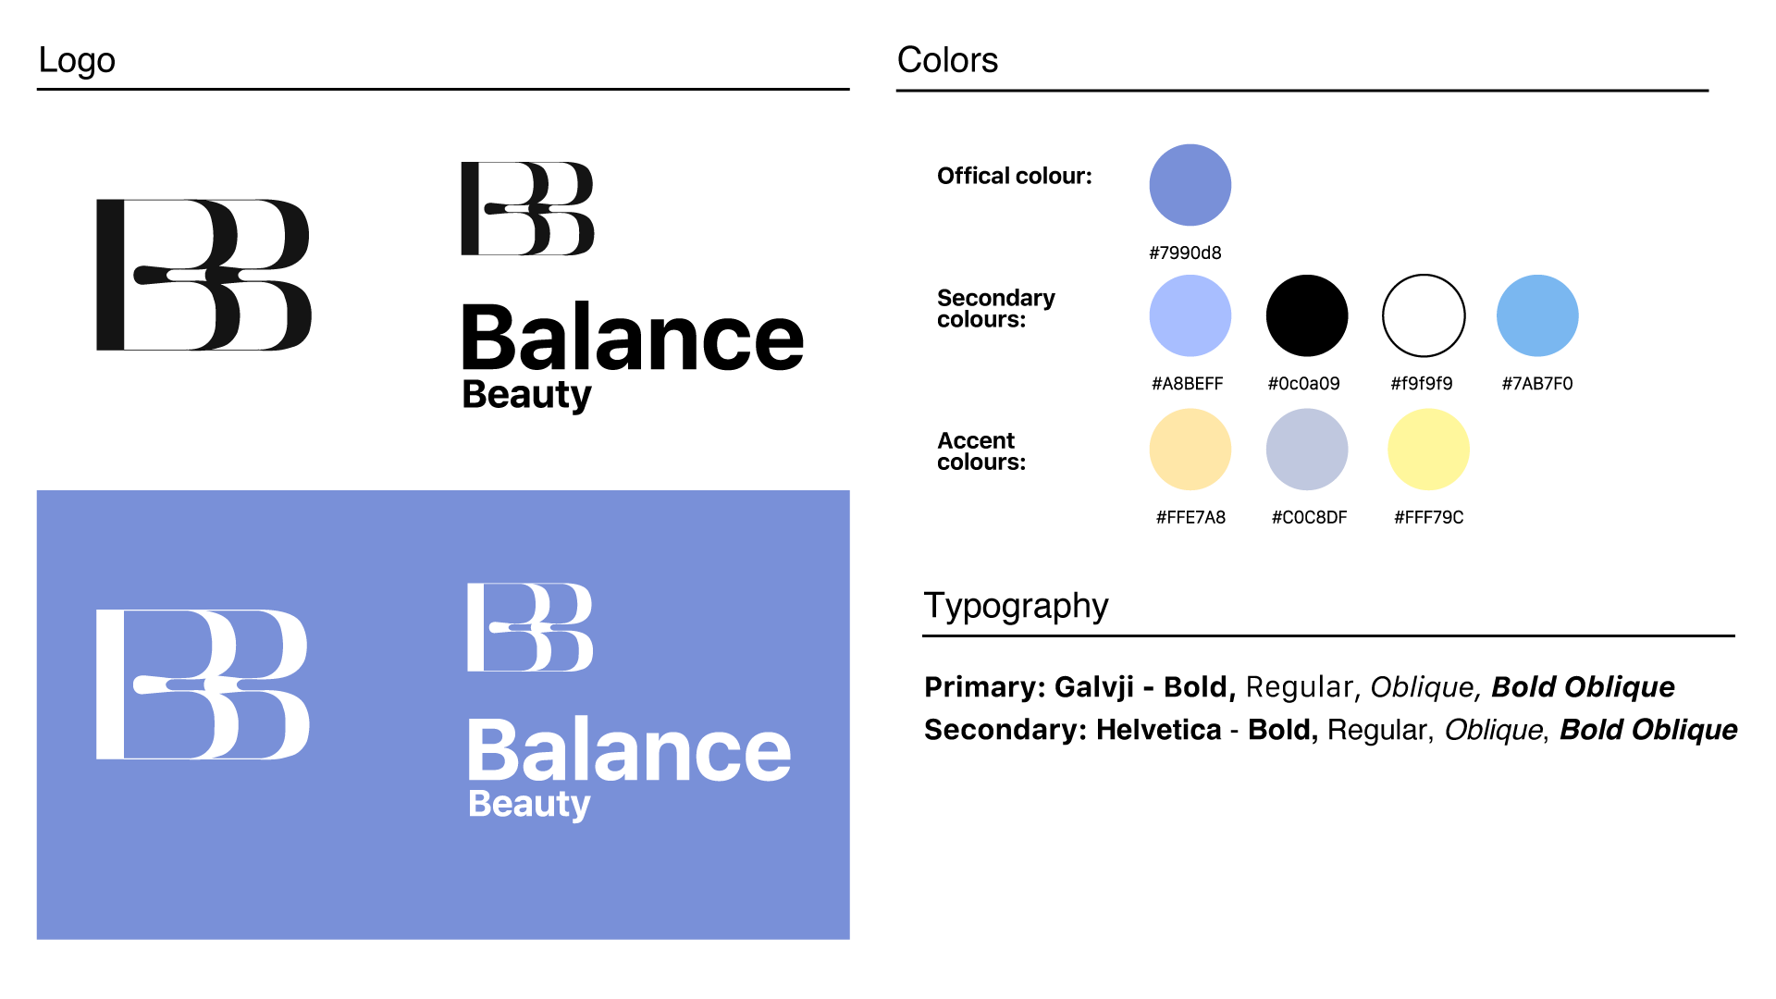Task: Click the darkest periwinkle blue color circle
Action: tap(1190, 184)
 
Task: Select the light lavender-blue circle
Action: tap(1190, 315)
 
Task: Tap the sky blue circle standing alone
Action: tap(1537, 315)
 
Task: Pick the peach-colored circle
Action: tap(1190, 449)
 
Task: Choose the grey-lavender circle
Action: tap(1306, 449)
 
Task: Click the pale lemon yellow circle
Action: tap(1428, 449)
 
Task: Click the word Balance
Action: tap(629, 750)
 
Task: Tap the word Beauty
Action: tap(529, 804)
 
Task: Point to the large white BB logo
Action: tap(203, 684)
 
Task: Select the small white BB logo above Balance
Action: tap(530, 627)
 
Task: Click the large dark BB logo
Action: tap(203, 275)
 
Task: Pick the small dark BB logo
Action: tap(527, 208)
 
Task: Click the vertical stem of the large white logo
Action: tap(109, 684)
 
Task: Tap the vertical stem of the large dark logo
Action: tap(110, 275)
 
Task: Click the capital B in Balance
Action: tap(491, 750)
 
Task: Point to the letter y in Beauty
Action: tap(580, 807)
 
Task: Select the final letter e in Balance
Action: tap(767, 754)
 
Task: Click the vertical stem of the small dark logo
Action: tap(469, 208)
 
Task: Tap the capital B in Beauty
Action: tap(479, 803)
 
